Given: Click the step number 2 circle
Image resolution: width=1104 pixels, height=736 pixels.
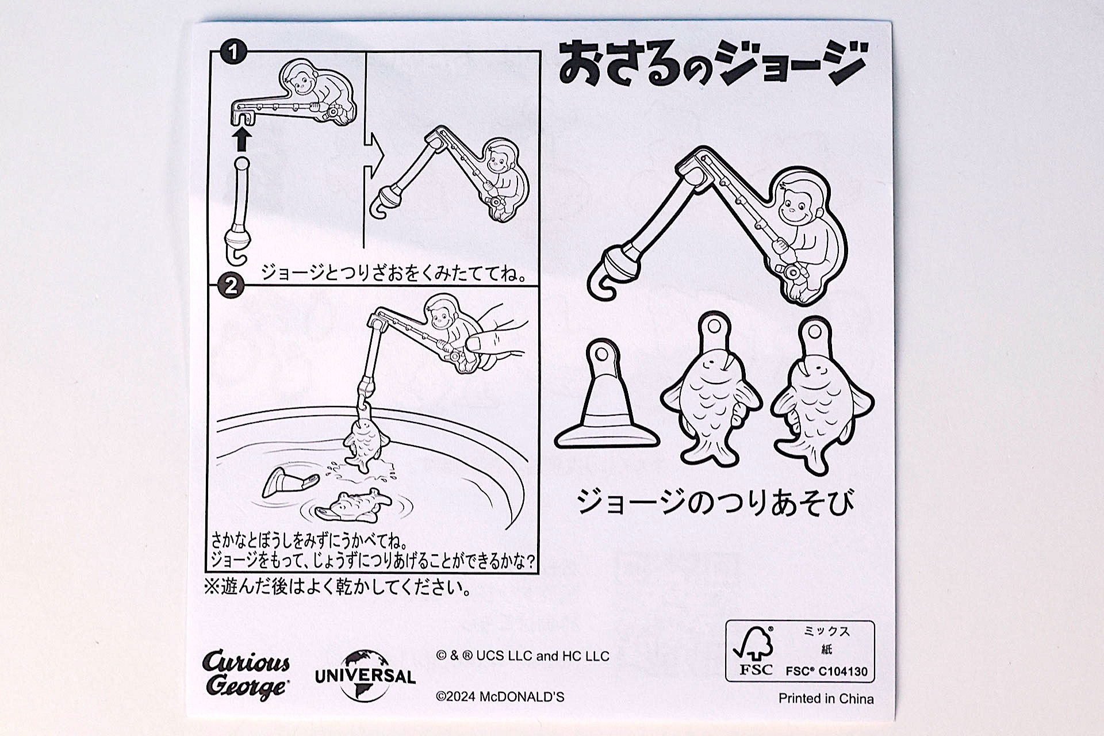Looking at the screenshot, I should pyautogui.click(x=231, y=286).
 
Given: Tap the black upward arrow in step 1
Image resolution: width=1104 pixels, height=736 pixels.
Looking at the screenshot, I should pyautogui.click(x=242, y=139).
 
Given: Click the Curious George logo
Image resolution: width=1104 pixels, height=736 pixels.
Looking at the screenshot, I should pyautogui.click(x=246, y=674).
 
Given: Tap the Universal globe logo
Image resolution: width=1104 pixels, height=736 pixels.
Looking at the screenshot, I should pyautogui.click(x=365, y=676).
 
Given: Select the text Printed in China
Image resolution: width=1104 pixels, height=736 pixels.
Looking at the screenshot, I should pyautogui.click(x=826, y=699).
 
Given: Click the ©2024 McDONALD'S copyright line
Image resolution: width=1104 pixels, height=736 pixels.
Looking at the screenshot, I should pyautogui.click(x=500, y=697).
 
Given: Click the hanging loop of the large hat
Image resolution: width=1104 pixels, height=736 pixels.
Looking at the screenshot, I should pyautogui.click(x=602, y=352).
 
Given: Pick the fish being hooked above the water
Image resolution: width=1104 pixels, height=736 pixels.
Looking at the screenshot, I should pyautogui.click(x=365, y=443).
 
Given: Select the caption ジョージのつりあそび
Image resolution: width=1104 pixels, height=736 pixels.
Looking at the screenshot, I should pyautogui.click(x=715, y=502).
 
